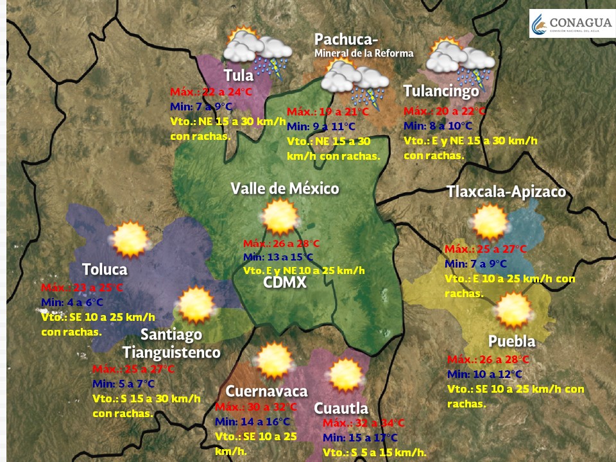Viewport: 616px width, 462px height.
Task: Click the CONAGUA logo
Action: [x=570, y=24]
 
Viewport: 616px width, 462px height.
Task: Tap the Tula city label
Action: [x=239, y=76]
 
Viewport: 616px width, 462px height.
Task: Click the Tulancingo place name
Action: [x=441, y=91]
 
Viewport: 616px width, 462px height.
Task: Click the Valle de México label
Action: [x=285, y=189]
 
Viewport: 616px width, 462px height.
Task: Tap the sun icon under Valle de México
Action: [x=280, y=216]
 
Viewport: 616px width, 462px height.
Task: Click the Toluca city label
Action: [x=105, y=269]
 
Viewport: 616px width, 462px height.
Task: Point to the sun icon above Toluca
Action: [x=130, y=239]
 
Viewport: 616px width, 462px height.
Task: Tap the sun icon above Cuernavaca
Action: [x=275, y=361]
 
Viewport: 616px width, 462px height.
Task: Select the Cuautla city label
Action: [x=341, y=408]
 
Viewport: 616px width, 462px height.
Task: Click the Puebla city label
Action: [x=511, y=340]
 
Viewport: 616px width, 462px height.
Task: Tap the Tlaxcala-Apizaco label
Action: [x=506, y=192]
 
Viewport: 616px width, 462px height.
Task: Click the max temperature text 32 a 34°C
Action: [x=364, y=424]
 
